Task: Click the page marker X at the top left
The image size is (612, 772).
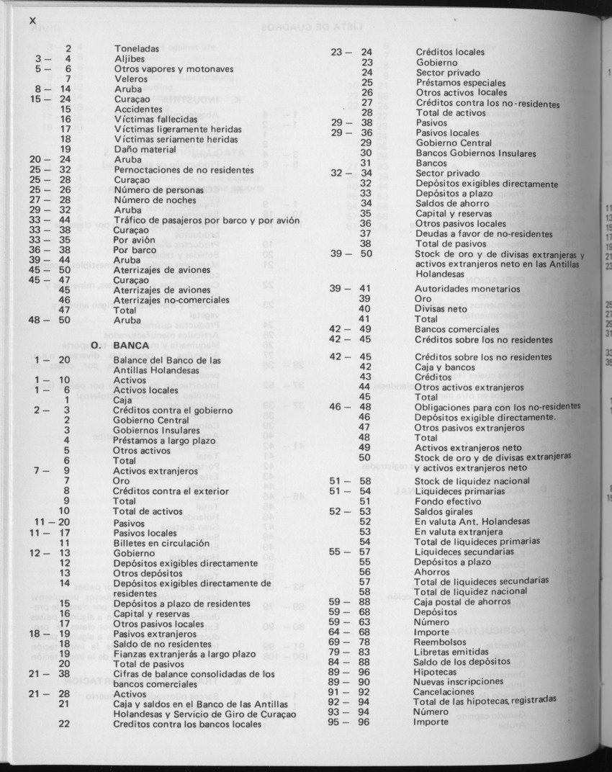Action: click(32, 20)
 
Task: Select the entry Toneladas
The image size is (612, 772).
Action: click(137, 49)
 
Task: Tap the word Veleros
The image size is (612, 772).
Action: click(131, 79)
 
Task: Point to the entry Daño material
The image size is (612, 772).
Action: click(145, 149)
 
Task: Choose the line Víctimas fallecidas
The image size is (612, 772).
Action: click(156, 119)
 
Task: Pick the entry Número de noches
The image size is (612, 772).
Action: click(150, 199)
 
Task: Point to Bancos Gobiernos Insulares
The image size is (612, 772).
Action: click(475, 153)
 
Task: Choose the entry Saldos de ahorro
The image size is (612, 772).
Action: click(451, 203)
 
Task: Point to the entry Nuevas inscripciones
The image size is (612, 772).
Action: click(459, 681)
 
